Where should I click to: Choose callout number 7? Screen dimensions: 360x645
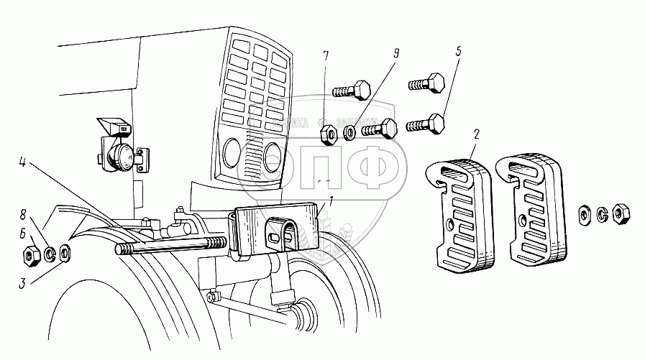326,55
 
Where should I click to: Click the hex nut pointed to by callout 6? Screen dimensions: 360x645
32,253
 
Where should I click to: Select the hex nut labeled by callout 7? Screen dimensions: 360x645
326,132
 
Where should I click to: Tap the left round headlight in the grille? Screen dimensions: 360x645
232,152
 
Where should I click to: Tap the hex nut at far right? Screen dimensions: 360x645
623,213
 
